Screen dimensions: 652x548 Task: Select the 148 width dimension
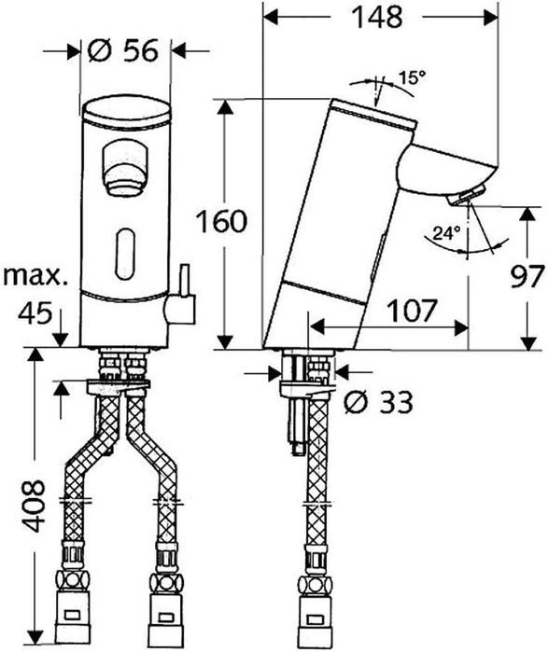click(x=377, y=18)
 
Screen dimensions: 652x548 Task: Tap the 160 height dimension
click(x=222, y=222)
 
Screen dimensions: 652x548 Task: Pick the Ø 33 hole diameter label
click(x=377, y=402)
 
